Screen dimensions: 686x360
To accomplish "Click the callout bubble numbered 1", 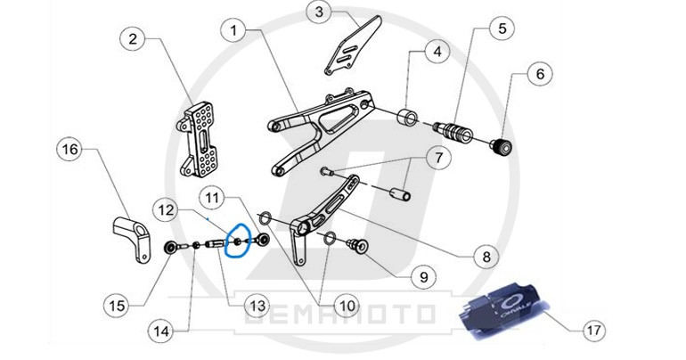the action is [234, 30].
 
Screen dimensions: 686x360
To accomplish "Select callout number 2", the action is [133, 39].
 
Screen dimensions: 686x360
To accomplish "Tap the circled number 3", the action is [319, 12].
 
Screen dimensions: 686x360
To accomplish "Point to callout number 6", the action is [540, 74].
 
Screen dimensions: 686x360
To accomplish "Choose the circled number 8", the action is [487, 257].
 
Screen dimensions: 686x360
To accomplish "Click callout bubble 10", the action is [347, 306].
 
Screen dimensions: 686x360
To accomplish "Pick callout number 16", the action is [69, 149].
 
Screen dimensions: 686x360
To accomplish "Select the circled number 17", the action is [593, 330].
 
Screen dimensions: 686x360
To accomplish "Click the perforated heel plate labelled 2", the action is [198, 140].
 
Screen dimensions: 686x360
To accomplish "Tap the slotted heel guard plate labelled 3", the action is [353, 45].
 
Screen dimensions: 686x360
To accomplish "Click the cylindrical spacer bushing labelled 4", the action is [407, 116].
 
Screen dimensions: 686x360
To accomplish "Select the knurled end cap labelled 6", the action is [502, 147].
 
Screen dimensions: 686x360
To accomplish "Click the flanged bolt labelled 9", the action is [357, 247].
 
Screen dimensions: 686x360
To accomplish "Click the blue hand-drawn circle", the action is [236, 240].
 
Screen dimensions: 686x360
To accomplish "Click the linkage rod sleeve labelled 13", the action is [216, 242].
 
